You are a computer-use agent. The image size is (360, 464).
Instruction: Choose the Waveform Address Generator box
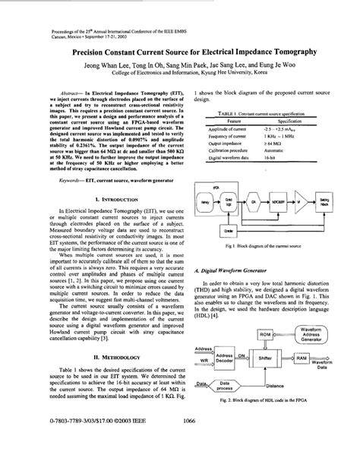pyautogui.click(x=315, y=335)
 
